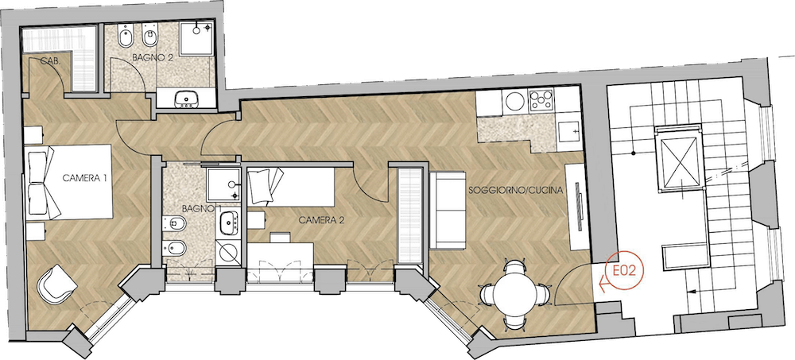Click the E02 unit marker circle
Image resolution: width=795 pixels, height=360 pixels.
(624, 271)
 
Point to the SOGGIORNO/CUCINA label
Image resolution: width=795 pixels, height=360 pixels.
(516, 191)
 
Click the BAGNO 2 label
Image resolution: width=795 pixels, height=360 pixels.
(153, 58)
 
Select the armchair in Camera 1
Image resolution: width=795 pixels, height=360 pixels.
(56, 285)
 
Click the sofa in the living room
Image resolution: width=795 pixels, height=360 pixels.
(448, 211)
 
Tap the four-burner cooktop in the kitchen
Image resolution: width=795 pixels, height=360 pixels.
(541, 100)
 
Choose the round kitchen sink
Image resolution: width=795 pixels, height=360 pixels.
(515, 100)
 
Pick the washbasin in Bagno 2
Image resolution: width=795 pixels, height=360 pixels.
(186, 99)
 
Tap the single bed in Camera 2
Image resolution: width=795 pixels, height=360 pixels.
(290, 187)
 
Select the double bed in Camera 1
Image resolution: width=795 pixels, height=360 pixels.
(69, 182)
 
